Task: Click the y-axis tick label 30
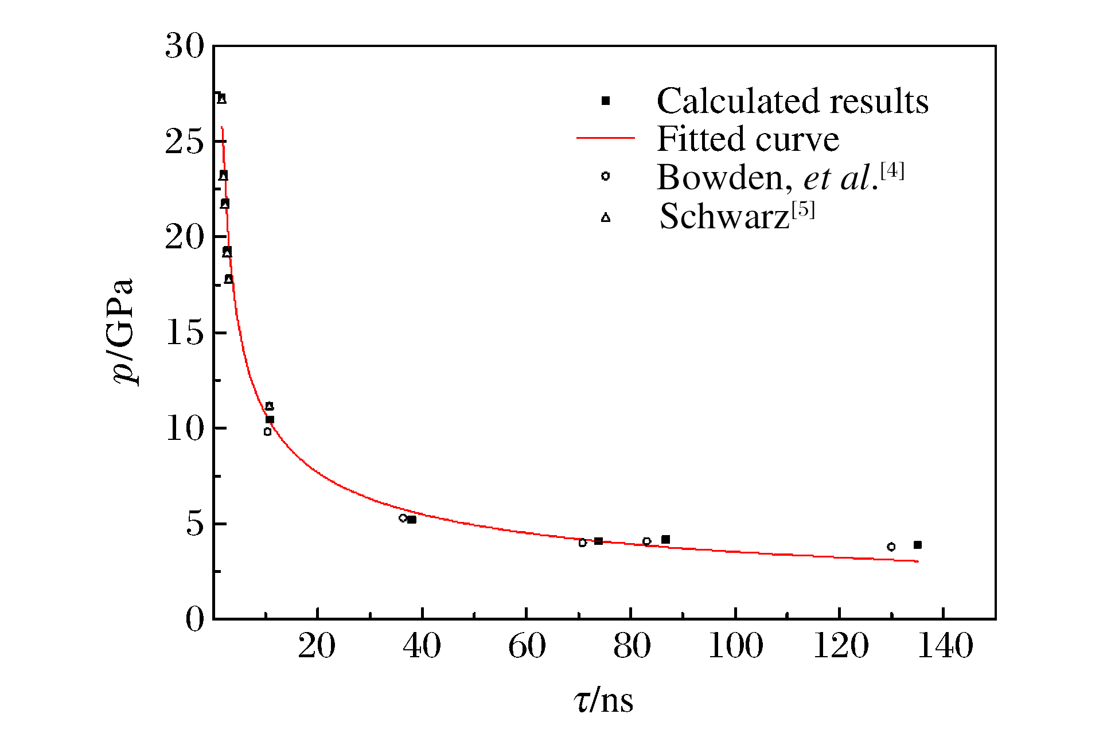pyautogui.click(x=184, y=46)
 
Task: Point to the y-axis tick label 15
pyautogui.click(x=184, y=333)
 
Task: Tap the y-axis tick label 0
pyautogui.click(x=194, y=619)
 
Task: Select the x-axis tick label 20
pyautogui.click(x=317, y=646)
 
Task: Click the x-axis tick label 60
pyautogui.click(x=527, y=646)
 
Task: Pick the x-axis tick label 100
pyautogui.click(x=735, y=646)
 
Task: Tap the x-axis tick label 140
pyautogui.click(x=945, y=646)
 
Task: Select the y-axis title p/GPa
pyautogui.click(x=123, y=331)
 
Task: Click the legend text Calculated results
pyautogui.click(x=792, y=102)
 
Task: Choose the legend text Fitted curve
pyautogui.click(x=747, y=139)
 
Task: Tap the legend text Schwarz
pyautogui.click(x=724, y=217)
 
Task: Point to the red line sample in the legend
pyautogui.click(x=605, y=138)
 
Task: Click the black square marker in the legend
pyautogui.click(x=605, y=101)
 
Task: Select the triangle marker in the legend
pyautogui.click(x=606, y=217)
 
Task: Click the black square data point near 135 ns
pyautogui.click(x=918, y=545)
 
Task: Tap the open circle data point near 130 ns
pyautogui.click(x=891, y=547)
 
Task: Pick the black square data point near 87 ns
pyautogui.click(x=665, y=540)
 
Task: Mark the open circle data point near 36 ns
pyautogui.click(x=403, y=518)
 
